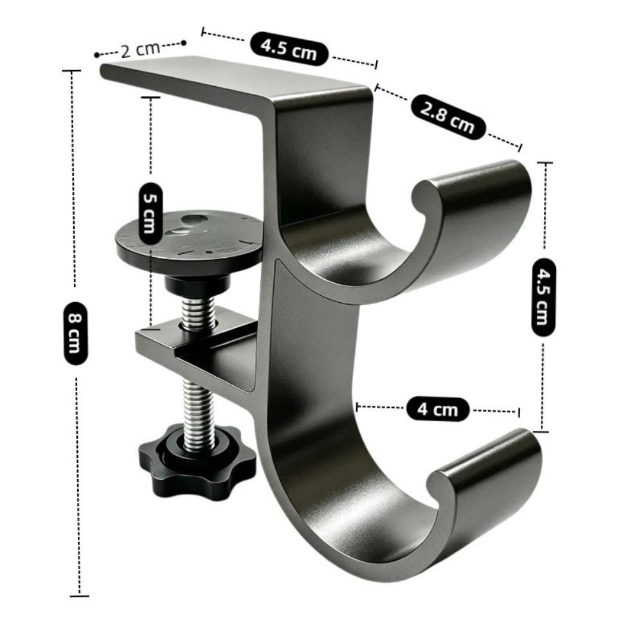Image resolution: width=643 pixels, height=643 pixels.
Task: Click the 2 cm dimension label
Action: pyautogui.click(x=141, y=50)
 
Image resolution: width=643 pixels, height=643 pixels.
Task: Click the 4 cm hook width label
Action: pyautogui.click(x=437, y=409)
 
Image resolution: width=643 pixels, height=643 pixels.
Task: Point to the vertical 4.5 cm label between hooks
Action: pyautogui.click(x=544, y=297)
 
